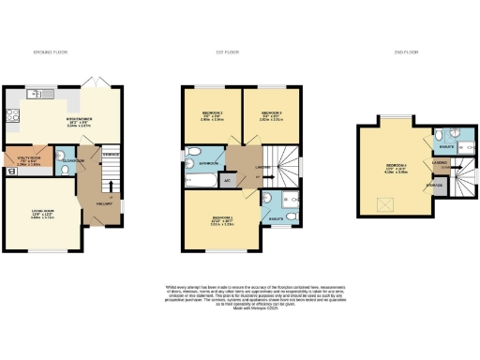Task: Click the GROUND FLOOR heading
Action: pos(49,51)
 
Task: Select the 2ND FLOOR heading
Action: pos(408,51)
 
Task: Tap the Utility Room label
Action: pos(26,158)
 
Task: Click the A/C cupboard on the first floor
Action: pos(228,178)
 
